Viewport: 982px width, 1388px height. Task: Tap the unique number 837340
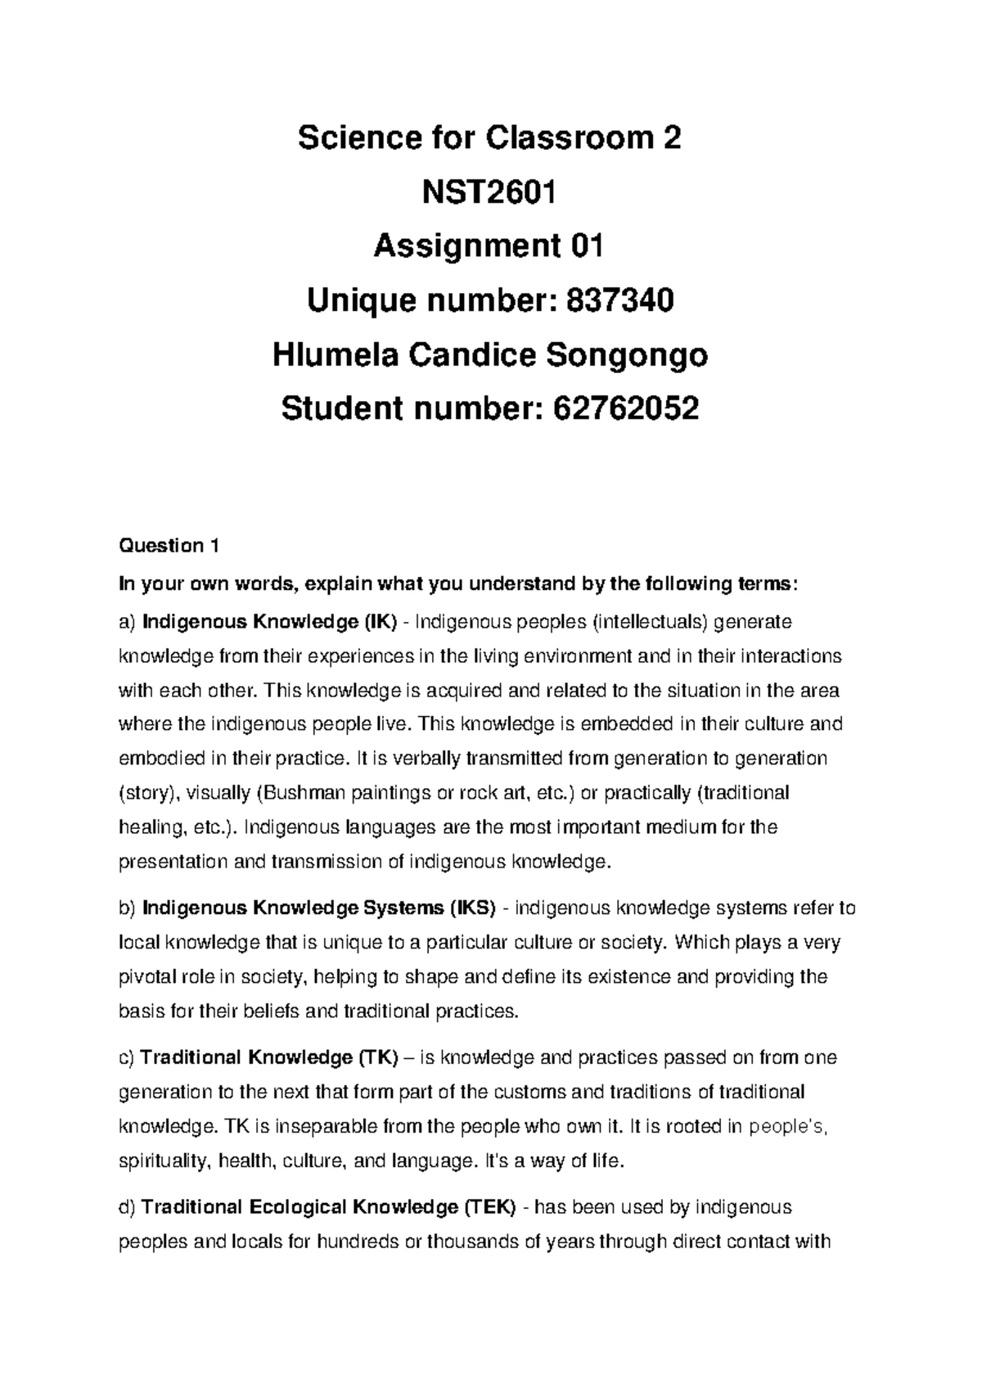click(x=615, y=302)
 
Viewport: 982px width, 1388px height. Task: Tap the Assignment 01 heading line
click(x=489, y=247)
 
